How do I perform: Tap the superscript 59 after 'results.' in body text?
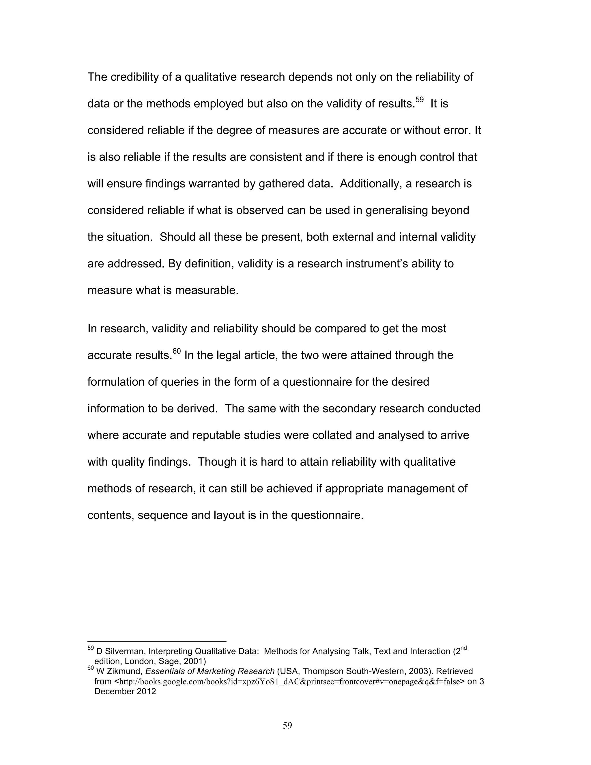(419, 100)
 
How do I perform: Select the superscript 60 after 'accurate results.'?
(177, 351)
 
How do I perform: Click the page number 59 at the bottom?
(287, 725)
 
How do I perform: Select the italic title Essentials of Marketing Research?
(210, 671)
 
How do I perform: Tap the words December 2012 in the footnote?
(125, 691)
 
